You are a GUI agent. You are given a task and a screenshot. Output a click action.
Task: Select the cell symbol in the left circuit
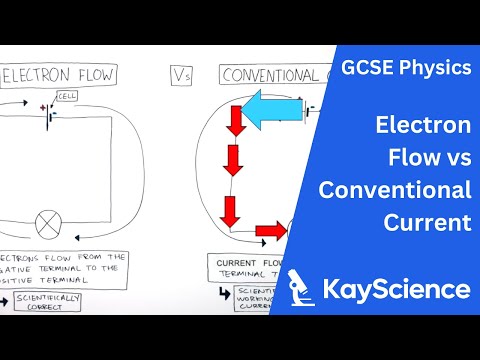tap(47, 111)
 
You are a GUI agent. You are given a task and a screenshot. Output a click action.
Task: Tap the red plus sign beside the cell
tap(41, 106)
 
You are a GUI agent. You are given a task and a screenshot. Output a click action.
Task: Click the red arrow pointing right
tap(268, 232)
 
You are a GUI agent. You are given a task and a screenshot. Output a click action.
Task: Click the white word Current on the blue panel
tap(427, 221)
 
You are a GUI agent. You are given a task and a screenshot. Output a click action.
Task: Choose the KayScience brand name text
tap(397, 290)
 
